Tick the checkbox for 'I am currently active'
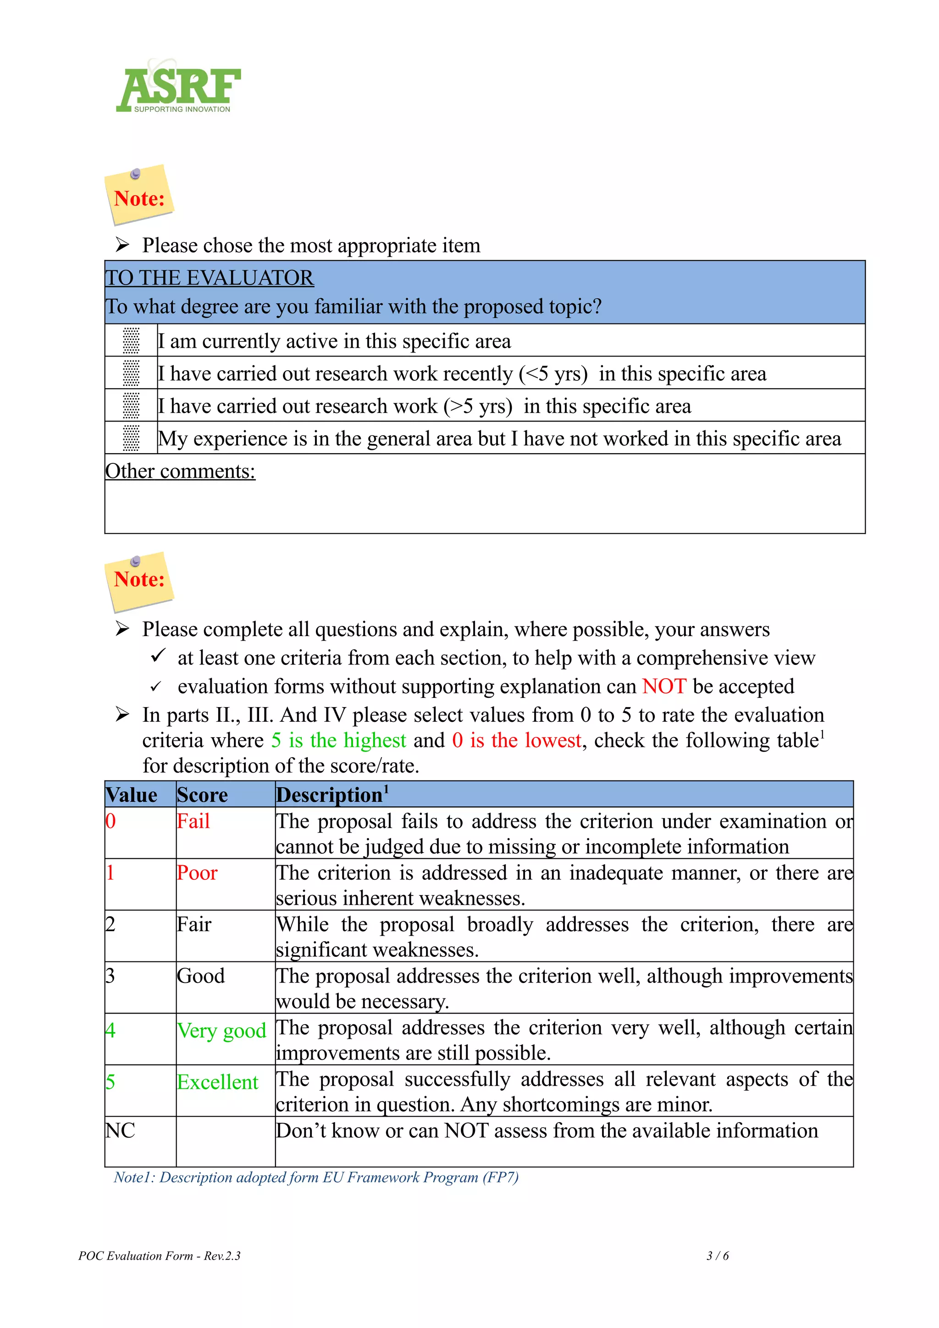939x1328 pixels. click(131, 340)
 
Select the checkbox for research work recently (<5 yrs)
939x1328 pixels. click(131, 373)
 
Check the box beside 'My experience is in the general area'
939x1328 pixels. click(131, 438)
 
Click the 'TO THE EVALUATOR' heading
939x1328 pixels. click(209, 278)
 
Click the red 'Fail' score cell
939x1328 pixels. click(193, 821)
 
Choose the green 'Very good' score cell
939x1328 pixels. click(221, 1030)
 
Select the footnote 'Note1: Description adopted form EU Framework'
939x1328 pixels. click(315, 1177)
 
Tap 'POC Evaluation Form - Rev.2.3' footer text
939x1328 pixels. click(159, 1256)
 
